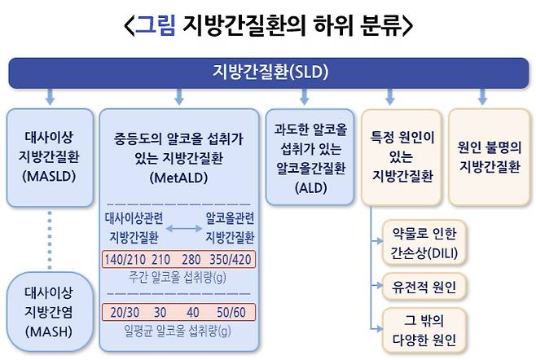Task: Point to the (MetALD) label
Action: tap(178, 177)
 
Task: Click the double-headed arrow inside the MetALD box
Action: tap(178, 228)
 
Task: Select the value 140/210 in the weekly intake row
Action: tap(125, 260)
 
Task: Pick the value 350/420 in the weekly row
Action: tap(233, 260)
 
